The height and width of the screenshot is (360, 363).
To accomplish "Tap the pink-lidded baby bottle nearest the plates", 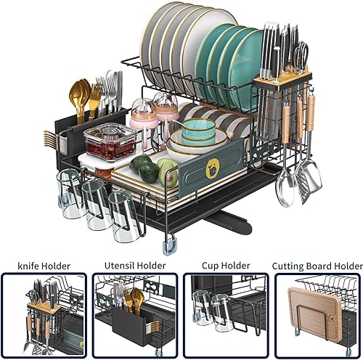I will (x=166, y=120).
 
